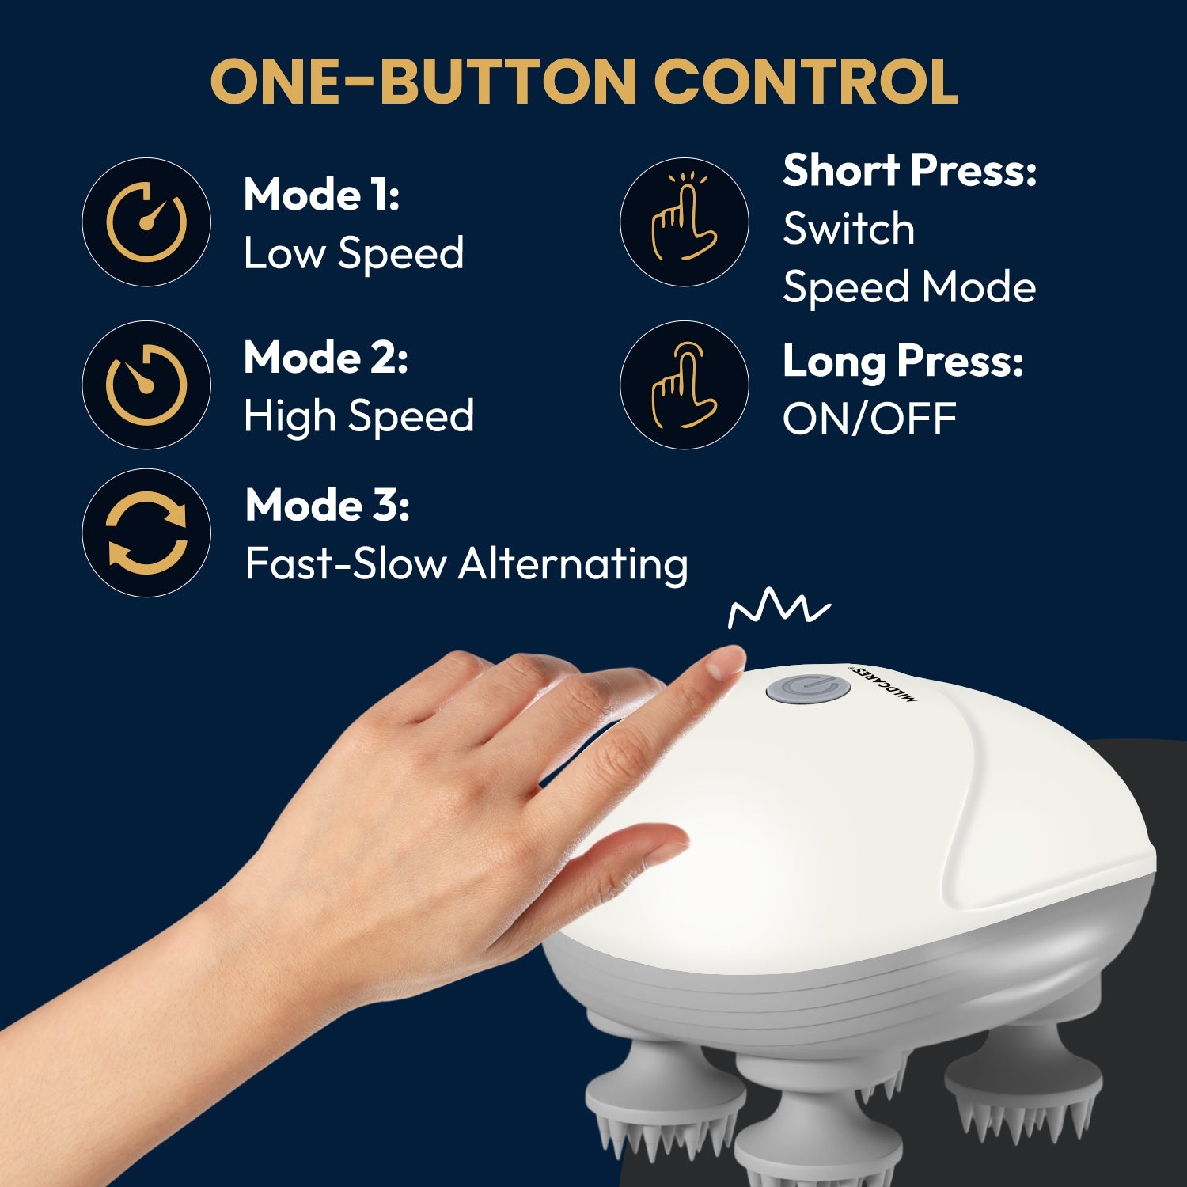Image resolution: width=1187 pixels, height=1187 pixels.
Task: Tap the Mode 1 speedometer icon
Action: pyautogui.click(x=146, y=222)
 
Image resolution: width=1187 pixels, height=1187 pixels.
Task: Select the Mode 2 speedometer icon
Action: pyautogui.click(x=146, y=385)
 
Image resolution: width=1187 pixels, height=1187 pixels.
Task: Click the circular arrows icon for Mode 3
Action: pyautogui.click(x=146, y=533)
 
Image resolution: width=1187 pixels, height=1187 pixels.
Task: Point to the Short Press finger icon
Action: pyautogui.click(x=684, y=222)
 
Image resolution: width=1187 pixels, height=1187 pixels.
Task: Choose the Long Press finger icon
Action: pyautogui.click(x=684, y=385)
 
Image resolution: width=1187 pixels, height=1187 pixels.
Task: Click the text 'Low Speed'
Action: pyautogui.click(x=353, y=254)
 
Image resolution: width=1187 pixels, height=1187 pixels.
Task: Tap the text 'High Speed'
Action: pyautogui.click(x=358, y=416)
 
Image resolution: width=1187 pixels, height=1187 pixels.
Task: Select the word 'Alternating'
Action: pyautogui.click(x=573, y=564)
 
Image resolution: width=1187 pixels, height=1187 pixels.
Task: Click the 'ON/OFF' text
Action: pyautogui.click(x=869, y=419)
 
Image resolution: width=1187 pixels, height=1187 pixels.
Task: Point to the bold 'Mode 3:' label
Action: pyautogui.click(x=327, y=505)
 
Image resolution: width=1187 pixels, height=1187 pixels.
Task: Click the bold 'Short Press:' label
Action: pyautogui.click(x=909, y=170)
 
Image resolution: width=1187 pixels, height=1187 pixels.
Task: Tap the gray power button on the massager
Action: pyautogui.click(x=808, y=688)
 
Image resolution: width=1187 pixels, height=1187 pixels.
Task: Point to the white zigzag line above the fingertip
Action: pyautogui.click(x=779, y=608)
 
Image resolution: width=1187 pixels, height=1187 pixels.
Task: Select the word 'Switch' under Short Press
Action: pyautogui.click(x=848, y=229)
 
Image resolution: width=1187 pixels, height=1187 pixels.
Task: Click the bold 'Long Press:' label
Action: pyautogui.click(x=903, y=362)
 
